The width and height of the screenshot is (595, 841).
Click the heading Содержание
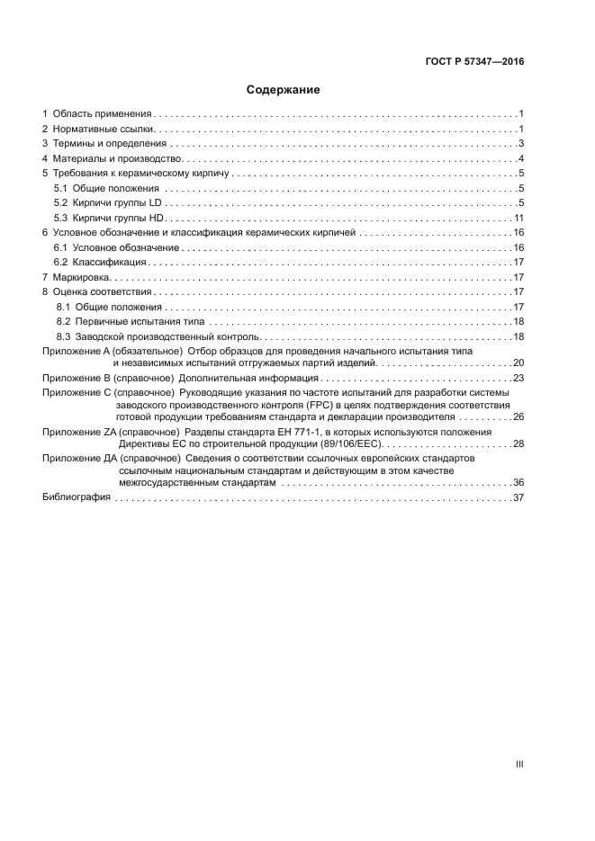pyautogui.click(x=284, y=90)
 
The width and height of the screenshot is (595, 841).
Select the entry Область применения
pyautogui.click(x=101, y=114)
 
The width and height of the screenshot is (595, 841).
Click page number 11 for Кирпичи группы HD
pyautogui.click(x=518, y=219)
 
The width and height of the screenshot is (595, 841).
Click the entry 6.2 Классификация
pyautogui.click(x=100, y=263)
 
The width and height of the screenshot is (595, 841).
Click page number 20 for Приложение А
pyautogui.click(x=518, y=362)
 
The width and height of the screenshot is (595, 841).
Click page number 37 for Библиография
pyautogui.click(x=518, y=497)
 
